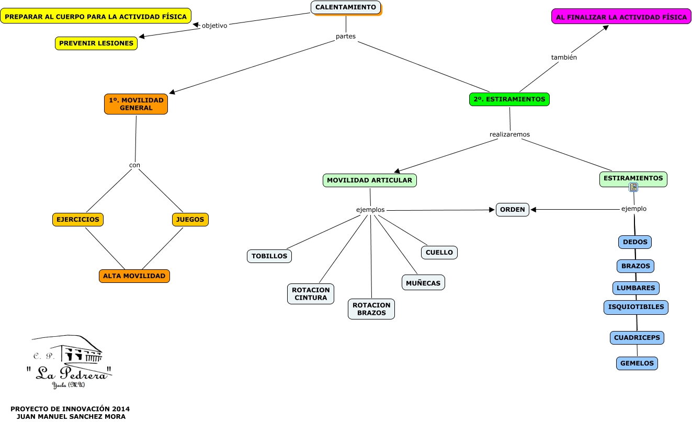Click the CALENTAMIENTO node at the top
click(x=346, y=7)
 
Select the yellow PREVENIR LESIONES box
click(x=96, y=43)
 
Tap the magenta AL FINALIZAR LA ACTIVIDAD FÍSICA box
click(x=621, y=17)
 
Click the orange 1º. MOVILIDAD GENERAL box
click(x=136, y=104)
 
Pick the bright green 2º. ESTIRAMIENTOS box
click(x=509, y=99)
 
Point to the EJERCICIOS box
click(x=78, y=220)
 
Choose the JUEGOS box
click(x=190, y=220)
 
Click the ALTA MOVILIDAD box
click(x=134, y=276)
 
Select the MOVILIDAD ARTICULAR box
click(x=369, y=180)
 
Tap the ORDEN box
click(x=513, y=210)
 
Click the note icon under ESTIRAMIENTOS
click(x=633, y=187)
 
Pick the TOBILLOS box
click(x=269, y=256)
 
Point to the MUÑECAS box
click(x=423, y=283)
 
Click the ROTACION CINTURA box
click(x=311, y=294)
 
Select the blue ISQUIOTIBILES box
click(x=636, y=307)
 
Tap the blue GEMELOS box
click(x=637, y=363)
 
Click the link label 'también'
click(x=564, y=58)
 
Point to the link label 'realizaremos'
click(x=509, y=134)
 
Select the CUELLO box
click(x=439, y=252)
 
